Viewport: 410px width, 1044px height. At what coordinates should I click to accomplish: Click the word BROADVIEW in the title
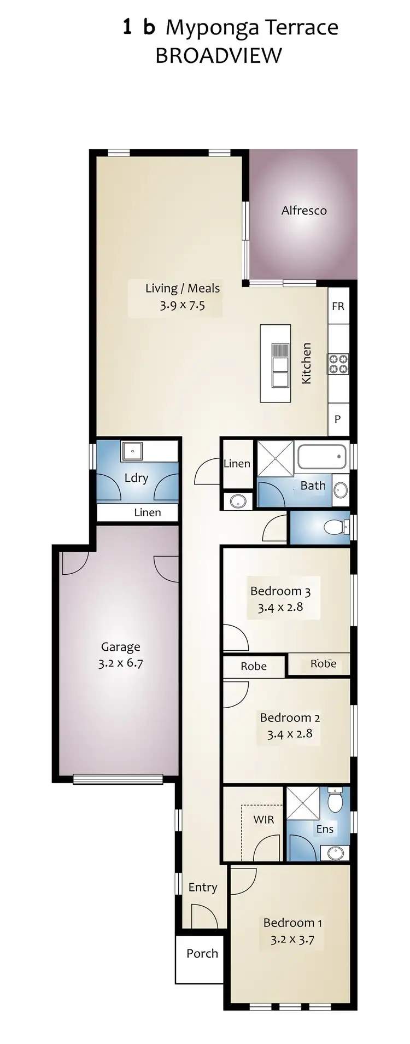[x=219, y=55]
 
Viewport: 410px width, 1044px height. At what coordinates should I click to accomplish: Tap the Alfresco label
[x=304, y=211]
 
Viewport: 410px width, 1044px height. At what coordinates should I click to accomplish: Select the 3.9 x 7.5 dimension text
[x=182, y=305]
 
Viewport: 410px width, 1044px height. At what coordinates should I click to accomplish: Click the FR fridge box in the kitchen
[x=338, y=306]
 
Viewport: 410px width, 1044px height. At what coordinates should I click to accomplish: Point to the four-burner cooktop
[x=338, y=364]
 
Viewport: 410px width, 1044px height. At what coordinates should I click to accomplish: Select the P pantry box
[x=338, y=419]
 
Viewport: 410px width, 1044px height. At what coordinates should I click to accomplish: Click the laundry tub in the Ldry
[x=132, y=451]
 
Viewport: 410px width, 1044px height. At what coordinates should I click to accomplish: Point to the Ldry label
[x=136, y=478]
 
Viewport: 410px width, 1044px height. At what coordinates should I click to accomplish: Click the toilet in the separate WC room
[x=334, y=527]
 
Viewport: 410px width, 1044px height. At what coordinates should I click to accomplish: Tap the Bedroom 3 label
[x=280, y=591]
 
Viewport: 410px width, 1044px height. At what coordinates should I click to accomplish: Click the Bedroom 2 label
[x=290, y=718]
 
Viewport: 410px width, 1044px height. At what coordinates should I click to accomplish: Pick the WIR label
[x=263, y=820]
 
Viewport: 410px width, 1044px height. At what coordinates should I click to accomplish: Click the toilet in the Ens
[x=335, y=801]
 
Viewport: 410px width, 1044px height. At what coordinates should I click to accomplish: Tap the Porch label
[x=202, y=953]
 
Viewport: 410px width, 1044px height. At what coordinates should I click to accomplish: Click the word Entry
[x=202, y=887]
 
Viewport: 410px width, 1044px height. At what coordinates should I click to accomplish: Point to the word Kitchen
[x=306, y=363]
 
